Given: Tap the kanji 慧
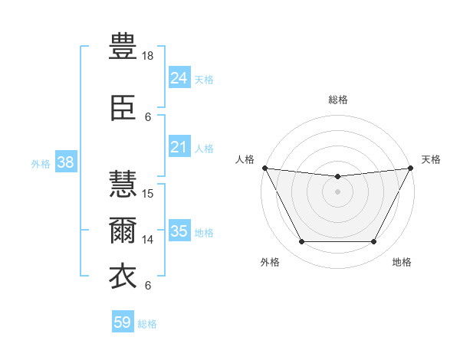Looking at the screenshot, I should coord(123,185).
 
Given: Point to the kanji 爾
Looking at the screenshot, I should coord(123,231).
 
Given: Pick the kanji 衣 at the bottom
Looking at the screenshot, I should coord(123,277).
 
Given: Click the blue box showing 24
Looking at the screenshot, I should coord(179,78).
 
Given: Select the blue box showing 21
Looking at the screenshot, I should coord(179,147).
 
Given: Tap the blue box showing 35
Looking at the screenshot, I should coord(179,231).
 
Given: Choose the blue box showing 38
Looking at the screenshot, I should coord(65,162).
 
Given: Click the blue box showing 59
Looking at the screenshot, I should coord(123,322).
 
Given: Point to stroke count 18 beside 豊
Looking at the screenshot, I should coord(149,56).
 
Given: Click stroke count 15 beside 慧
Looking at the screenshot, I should coord(149,194).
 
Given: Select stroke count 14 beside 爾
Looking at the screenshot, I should coord(149,240).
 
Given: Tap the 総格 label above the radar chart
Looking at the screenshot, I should coord(338,100).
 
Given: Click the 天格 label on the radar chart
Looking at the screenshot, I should coord(431,159).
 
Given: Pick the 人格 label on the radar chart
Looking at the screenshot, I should coord(245,159).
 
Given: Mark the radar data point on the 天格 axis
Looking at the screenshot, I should coord(412,168).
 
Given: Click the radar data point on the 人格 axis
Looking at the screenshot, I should coord(264,168).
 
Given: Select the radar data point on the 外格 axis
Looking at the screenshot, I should coord(301,242).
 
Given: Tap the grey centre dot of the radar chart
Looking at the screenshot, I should coord(338,191).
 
